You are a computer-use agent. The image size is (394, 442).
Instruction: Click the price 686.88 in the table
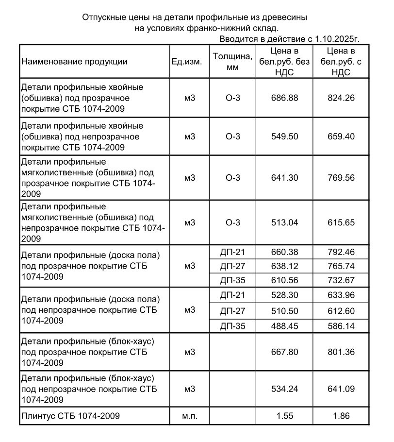point(285,98)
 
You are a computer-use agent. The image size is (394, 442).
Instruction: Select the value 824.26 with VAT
point(341,98)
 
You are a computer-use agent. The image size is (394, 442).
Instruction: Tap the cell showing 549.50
point(285,136)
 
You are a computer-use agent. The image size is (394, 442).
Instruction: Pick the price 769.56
point(341,178)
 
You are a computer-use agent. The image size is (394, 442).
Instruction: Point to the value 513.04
point(285,222)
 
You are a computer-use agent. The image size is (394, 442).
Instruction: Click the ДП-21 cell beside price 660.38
point(233,252)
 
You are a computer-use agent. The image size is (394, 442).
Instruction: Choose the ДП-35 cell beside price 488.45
point(233,326)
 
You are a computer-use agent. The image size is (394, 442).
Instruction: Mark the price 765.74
point(341,266)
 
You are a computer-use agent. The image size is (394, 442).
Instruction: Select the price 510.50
point(285,311)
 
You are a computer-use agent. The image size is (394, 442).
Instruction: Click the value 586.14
point(341,326)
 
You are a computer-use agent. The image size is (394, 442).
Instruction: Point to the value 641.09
point(341,389)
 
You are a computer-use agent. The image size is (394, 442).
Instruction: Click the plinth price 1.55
point(285,416)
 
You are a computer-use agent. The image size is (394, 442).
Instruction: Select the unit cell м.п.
point(190,416)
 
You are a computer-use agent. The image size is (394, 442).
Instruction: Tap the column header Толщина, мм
point(233,62)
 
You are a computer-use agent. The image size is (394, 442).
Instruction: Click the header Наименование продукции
point(74,62)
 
